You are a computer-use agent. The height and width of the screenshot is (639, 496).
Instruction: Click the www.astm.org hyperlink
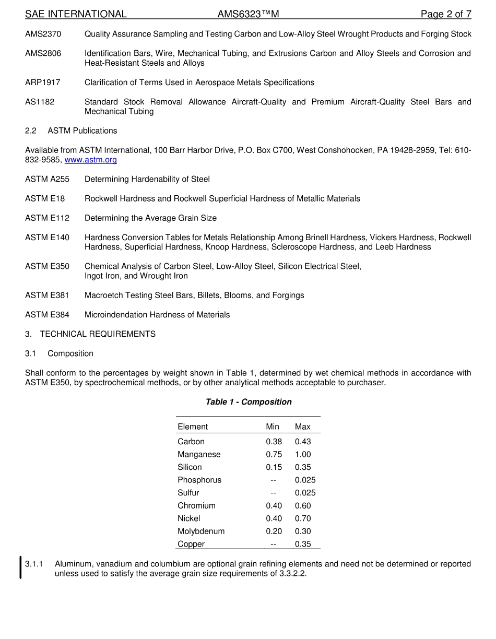[x=90, y=160]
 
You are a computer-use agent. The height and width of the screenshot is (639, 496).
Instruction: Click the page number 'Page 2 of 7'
[x=446, y=14]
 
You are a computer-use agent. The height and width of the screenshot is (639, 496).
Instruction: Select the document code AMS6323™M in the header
[x=248, y=14]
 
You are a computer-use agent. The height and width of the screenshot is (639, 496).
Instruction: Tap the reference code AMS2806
[x=43, y=53]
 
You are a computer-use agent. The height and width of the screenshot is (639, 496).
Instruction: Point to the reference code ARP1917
[x=42, y=82]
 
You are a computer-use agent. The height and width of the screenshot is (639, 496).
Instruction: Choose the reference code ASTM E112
[x=47, y=218]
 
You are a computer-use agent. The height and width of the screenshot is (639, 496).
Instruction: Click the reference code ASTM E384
[x=47, y=315]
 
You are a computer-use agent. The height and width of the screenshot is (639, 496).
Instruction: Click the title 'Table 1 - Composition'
[x=249, y=402]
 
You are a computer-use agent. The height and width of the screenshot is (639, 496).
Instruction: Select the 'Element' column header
[x=193, y=427]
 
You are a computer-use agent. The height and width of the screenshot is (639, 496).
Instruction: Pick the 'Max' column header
[x=302, y=427]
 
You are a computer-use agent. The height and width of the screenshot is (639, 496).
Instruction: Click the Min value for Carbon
[x=274, y=442]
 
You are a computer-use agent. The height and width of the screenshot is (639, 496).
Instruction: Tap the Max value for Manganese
[x=302, y=455]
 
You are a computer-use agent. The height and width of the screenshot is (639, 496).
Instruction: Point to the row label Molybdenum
[x=201, y=531]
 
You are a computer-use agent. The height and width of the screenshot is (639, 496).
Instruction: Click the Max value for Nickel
[x=302, y=518]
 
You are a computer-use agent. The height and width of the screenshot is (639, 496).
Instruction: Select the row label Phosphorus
[x=199, y=480]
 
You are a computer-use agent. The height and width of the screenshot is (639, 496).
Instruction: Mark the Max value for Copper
[x=302, y=544]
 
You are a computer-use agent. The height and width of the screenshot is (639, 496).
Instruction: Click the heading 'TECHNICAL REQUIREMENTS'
[x=98, y=334]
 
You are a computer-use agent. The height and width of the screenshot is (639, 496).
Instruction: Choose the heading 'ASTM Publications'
[x=82, y=131]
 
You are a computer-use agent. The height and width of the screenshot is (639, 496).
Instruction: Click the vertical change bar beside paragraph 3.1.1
[x=20, y=568]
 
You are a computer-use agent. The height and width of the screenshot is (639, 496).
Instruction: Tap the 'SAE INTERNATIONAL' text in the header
[x=76, y=14]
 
